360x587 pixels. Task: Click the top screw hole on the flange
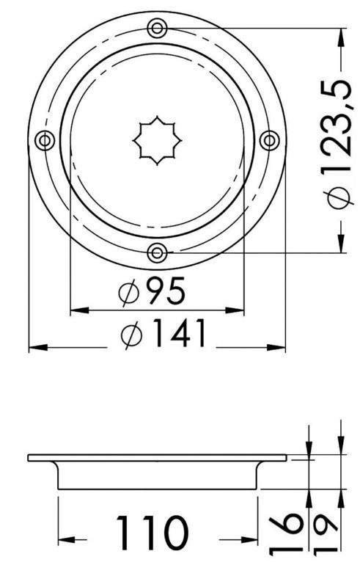click(157, 29)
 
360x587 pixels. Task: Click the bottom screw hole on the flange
click(157, 253)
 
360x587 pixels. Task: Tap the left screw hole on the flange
click(45, 140)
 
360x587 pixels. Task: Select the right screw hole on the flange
click(269, 140)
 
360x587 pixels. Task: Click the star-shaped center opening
click(157, 140)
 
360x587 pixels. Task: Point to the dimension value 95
click(165, 293)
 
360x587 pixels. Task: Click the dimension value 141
click(179, 335)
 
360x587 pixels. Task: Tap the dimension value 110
click(153, 533)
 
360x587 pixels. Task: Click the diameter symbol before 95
click(128, 294)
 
